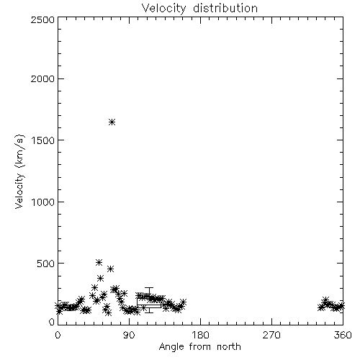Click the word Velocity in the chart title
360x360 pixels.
164,9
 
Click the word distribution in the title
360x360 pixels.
225,8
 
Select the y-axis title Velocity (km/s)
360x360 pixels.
19,171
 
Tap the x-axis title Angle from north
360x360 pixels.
199,347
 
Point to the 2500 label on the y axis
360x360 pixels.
42,19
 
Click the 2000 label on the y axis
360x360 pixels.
42,78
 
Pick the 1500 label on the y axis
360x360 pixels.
43,140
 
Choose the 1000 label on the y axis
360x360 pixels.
43,202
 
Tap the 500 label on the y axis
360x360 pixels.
46,264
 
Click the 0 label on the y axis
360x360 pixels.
52,322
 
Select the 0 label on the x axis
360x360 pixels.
58,335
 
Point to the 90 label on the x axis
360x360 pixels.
129,335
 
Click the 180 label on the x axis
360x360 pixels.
200,335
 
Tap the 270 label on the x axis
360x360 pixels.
271,335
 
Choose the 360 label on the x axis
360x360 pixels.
343,335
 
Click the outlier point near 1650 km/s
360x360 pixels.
112,122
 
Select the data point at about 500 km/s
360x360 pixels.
99,262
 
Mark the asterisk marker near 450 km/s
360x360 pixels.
110,269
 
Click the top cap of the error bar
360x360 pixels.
149,287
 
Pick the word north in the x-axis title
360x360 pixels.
229,347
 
